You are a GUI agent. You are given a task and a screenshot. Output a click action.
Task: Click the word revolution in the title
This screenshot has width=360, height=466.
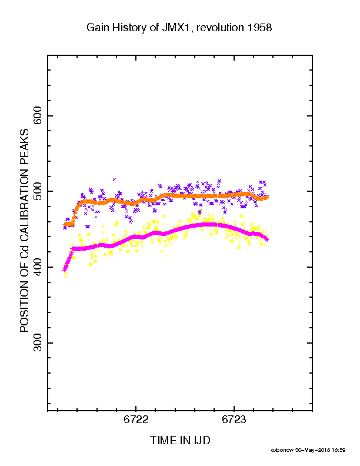(220, 28)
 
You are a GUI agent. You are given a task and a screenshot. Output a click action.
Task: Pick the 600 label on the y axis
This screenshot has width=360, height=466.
(38, 115)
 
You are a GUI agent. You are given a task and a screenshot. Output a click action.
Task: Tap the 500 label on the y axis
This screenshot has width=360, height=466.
(38, 191)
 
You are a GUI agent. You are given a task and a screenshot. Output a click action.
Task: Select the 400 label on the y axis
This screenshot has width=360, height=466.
(38, 267)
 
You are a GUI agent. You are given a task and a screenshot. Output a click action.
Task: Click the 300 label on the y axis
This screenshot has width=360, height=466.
(38, 342)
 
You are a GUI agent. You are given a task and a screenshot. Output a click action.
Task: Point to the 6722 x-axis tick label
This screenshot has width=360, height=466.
(136, 419)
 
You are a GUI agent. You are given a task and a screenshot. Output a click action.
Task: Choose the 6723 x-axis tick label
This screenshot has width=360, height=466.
(234, 419)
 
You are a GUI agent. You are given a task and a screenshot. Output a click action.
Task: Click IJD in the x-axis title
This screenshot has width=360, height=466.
(202, 440)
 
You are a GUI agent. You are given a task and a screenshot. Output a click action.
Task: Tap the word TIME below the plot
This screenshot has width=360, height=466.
(164, 440)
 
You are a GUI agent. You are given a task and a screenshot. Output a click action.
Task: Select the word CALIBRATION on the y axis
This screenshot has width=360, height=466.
(24, 201)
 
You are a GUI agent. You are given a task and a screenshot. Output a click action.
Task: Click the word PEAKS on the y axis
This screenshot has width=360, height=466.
(24, 143)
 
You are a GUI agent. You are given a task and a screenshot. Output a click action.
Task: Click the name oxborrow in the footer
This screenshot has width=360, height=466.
(282, 450)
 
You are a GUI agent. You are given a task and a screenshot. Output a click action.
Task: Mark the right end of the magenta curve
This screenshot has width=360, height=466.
(268, 240)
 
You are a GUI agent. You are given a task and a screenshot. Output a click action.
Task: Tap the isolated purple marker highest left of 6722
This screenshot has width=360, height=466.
(114, 179)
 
